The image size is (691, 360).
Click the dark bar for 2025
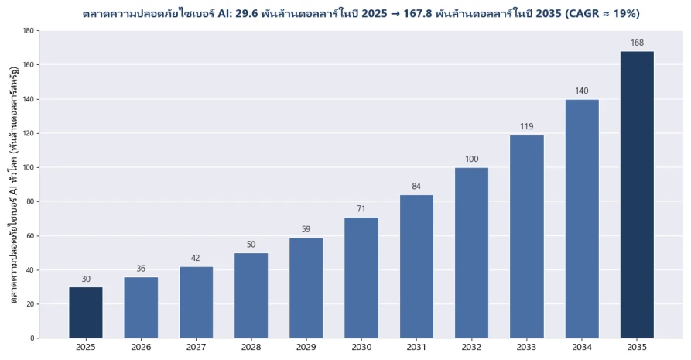pos(85,312)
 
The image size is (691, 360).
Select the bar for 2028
pos(251,296)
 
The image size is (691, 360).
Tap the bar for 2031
pos(416,266)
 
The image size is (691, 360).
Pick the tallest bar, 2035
pos(637,194)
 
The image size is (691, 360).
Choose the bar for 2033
pos(527,236)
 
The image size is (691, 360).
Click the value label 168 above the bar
pos(637,43)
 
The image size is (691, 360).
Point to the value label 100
pos(471,159)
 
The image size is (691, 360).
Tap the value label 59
pos(306,229)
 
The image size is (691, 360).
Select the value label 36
pos(141,268)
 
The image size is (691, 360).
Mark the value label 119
pos(527,127)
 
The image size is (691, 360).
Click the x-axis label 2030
pos(361,347)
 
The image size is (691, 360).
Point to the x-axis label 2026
pos(141,347)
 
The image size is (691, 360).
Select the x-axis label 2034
pos(582,347)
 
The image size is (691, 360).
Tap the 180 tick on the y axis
pos(29,30)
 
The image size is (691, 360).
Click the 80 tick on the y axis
pos(30,201)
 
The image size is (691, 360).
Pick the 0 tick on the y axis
pos(32,338)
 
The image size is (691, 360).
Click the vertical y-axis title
pos(14,184)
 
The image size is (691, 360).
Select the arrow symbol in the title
pos(395,14)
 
